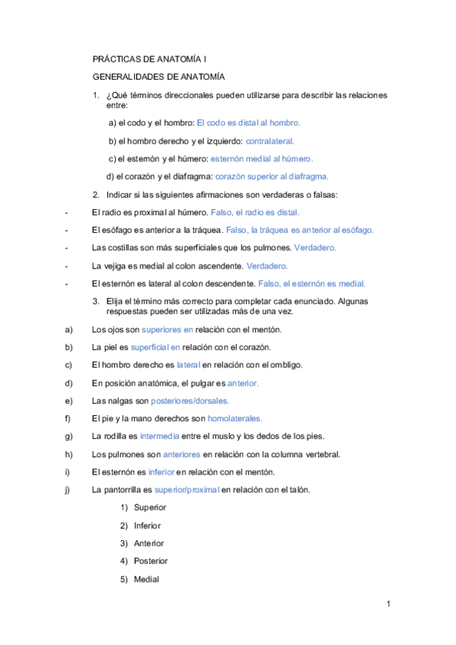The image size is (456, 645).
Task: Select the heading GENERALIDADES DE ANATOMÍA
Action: click(158, 77)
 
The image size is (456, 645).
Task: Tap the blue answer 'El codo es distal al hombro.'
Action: click(248, 122)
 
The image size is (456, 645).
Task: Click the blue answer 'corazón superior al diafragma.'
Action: click(272, 176)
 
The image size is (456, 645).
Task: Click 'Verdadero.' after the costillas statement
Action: click(315, 248)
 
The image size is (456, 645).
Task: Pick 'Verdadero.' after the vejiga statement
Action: click(267, 266)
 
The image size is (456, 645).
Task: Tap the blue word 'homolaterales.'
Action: click(234, 418)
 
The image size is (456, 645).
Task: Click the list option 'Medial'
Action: click(146, 579)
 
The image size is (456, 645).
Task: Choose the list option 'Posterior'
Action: click(151, 561)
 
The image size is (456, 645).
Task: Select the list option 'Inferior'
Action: click(148, 526)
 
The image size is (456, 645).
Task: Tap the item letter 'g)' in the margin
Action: click(69, 437)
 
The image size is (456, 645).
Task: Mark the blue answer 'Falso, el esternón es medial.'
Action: click(312, 284)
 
